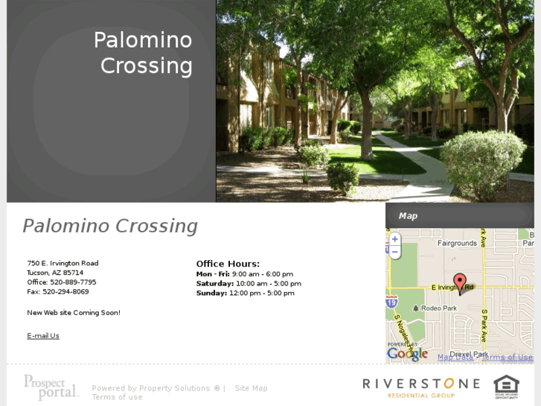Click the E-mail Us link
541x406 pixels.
[43, 336]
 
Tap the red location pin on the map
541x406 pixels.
[460, 282]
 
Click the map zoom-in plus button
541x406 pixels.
[395, 239]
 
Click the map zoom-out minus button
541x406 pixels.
[395, 253]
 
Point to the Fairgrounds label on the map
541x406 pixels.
[457, 244]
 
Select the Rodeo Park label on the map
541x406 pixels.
[438, 308]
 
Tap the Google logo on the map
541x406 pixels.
[407, 354]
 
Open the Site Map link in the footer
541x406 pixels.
[251, 388]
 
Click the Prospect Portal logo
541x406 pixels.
[51, 387]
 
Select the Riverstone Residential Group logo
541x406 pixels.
[421, 387]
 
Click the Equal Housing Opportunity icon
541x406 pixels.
[506, 387]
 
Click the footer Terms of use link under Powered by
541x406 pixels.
[117, 397]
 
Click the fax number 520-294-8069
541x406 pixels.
[65, 292]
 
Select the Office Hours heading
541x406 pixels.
[228, 264]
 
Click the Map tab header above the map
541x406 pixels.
[408, 216]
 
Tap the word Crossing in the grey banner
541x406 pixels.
[147, 66]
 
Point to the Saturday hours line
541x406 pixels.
[249, 284]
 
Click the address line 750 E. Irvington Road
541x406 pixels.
[63, 263]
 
